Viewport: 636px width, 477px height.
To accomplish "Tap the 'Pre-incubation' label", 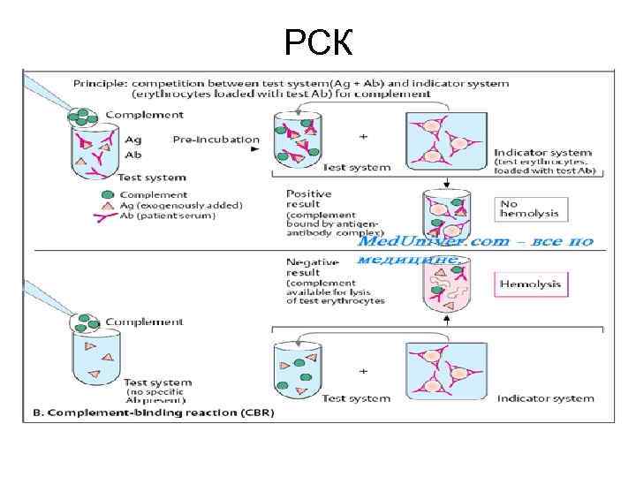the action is pyautogui.click(x=216, y=140).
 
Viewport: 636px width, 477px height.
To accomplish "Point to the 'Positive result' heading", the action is pyautogui.click(x=309, y=199).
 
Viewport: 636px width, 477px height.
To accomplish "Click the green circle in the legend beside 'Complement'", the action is pyautogui.click(x=106, y=194).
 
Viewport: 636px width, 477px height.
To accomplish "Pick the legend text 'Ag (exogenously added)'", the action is pyautogui.click(x=180, y=205).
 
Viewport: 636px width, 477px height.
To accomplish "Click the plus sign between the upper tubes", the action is pyautogui.click(x=363, y=137).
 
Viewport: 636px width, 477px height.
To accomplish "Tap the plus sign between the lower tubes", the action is pyautogui.click(x=363, y=371).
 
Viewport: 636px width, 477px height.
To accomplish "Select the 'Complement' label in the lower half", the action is pyautogui.click(x=144, y=322).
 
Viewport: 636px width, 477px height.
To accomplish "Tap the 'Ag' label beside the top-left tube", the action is pyautogui.click(x=132, y=140).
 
